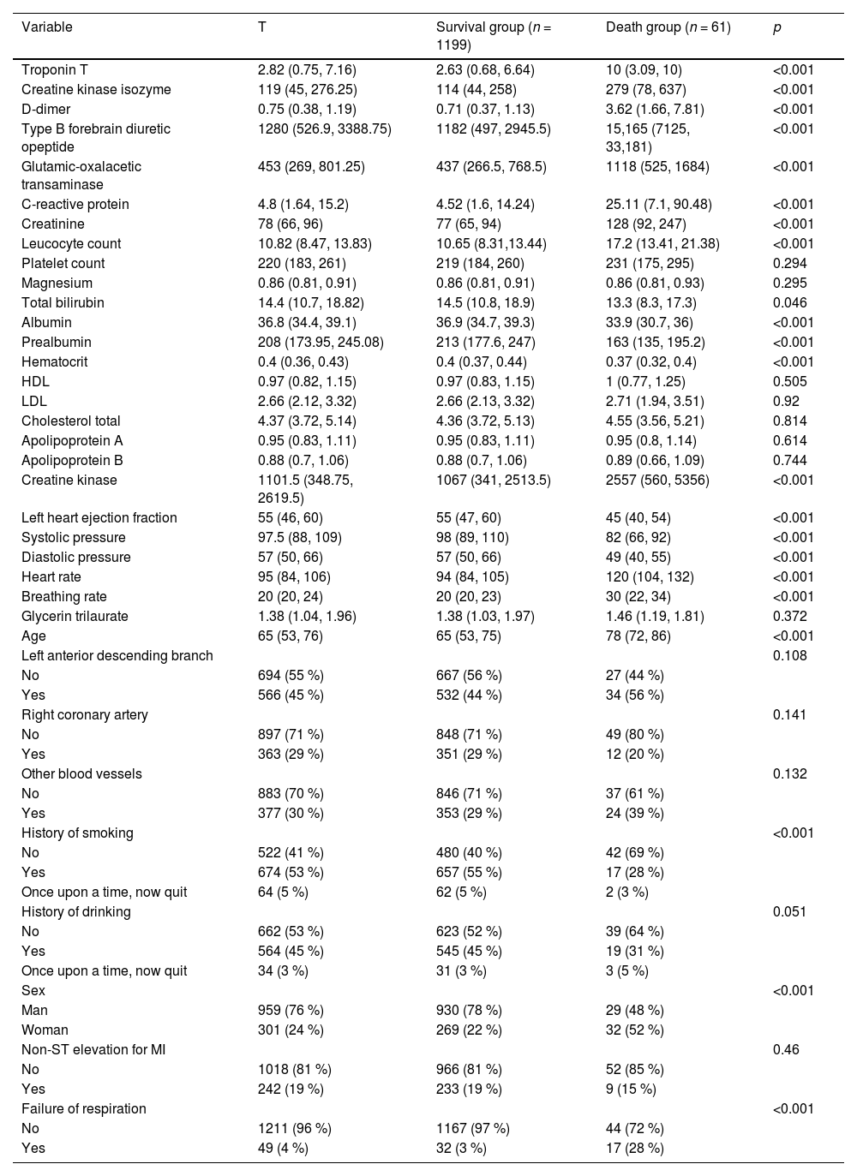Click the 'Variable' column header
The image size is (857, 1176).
pos(47,27)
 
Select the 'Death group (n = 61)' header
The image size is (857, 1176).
pos(668,27)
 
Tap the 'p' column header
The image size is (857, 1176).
pos(777,27)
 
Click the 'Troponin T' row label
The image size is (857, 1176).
pos(55,70)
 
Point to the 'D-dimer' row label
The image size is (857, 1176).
pos(46,110)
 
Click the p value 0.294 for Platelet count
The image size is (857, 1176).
pos(789,264)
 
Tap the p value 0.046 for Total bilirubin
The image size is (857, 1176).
pos(789,303)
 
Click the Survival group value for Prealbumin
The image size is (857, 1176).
pos(485,343)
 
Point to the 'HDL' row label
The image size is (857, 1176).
pos(34,382)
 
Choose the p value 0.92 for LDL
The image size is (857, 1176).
pos(786,402)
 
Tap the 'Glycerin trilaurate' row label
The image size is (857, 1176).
pos(75,617)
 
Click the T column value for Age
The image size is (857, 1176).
pos(290,636)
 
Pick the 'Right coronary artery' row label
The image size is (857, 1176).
pos(84,715)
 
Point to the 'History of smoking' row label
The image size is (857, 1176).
pos(77,833)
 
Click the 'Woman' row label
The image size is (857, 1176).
pos(45,1030)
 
